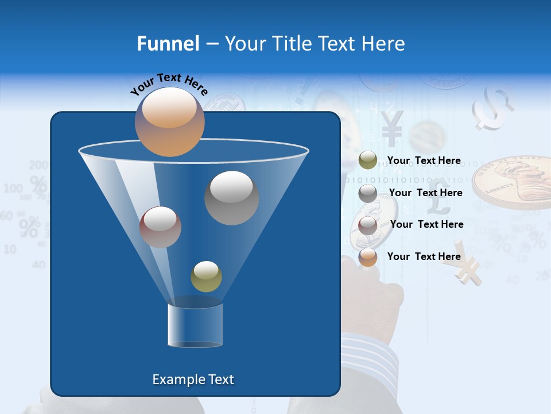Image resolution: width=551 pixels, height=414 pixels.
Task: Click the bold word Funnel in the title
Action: (168, 44)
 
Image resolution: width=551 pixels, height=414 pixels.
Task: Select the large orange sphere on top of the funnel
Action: (169, 121)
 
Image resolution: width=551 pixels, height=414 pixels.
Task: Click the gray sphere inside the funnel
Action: (231, 197)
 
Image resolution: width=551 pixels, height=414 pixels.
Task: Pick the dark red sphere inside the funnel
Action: (160, 227)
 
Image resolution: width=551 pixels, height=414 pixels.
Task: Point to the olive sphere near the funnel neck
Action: (206, 276)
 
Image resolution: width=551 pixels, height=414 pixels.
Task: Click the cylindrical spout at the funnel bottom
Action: (195, 325)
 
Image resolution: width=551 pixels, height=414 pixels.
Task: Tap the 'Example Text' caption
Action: (193, 379)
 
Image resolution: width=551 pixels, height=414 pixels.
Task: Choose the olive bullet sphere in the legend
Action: (367, 160)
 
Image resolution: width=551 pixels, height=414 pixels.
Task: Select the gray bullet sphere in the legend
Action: (367, 193)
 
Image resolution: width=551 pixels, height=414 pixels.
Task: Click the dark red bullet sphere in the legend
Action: (367, 225)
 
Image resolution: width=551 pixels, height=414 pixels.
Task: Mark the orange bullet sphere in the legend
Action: (367, 257)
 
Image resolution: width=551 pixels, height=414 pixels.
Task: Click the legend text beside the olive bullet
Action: (424, 160)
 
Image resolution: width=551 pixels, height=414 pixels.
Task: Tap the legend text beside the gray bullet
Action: (425, 193)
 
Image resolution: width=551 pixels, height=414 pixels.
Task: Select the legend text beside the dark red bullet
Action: (426, 224)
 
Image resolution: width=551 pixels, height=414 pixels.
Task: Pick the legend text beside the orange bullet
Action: (424, 256)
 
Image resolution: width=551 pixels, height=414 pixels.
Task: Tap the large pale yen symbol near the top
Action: (392, 128)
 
